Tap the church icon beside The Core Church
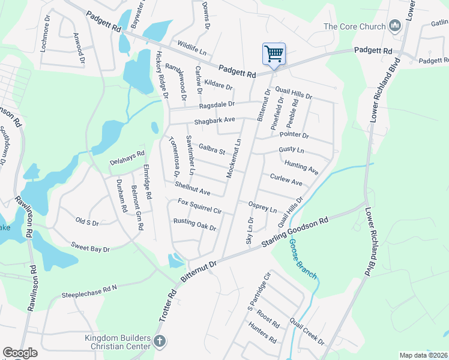point(395,25)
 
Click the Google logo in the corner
point(20,353)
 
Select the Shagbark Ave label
point(214,121)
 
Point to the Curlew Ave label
point(286,179)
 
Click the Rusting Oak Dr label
point(194,224)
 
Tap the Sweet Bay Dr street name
point(90,247)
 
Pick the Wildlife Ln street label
point(192,47)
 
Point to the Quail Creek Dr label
point(306,332)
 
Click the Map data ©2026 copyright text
point(423,355)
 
